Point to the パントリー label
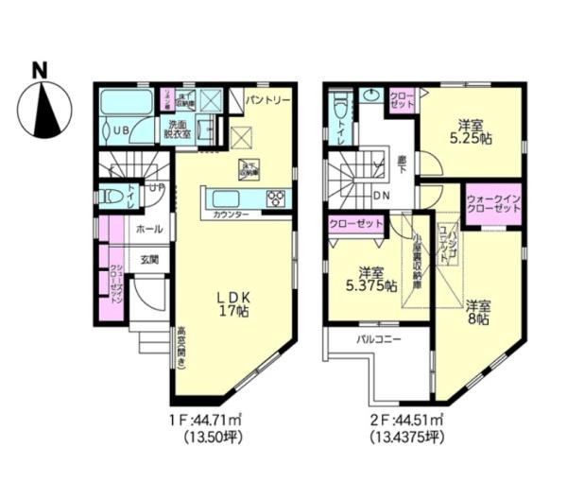pyautogui.click(x=268, y=98)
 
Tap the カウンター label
pyautogui.click(x=231, y=215)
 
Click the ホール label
pyautogui.click(x=146, y=229)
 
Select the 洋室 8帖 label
pyautogui.click(x=477, y=312)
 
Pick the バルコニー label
pyautogui.click(x=379, y=337)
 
